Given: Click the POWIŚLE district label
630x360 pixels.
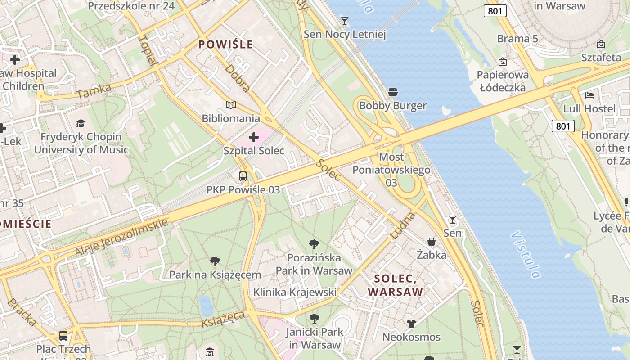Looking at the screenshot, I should click(225, 45).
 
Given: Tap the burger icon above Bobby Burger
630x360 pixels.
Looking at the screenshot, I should click(392, 92).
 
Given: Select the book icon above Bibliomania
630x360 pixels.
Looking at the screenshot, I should click(231, 105).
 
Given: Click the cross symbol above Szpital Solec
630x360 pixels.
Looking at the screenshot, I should click(254, 137).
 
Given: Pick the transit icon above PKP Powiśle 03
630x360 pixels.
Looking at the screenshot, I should click(243, 176).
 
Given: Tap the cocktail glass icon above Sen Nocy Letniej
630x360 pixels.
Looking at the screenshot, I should click(345, 21).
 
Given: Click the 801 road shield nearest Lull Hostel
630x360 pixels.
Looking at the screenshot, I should click(563, 126).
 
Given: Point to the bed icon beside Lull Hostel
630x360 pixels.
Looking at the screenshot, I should click(589, 95).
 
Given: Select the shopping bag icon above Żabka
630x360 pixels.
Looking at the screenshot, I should click(431, 242).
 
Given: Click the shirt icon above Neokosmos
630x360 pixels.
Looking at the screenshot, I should click(411, 323).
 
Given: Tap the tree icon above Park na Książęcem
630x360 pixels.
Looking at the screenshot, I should click(215, 261).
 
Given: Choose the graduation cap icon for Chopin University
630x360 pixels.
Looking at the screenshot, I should click(81, 123).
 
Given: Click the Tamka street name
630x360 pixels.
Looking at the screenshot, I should click(94, 91).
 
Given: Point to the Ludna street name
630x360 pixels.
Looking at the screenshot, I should click(401, 225).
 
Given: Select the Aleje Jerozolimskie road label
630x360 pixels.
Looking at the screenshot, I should click(121, 237).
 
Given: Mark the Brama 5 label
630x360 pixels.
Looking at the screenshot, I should click(517, 39).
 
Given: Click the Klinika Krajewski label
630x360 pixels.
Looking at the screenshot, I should click(295, 292).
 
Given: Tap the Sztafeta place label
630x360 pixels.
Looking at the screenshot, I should click(601, 58).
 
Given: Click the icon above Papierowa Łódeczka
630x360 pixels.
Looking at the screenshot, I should click(502, 62).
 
